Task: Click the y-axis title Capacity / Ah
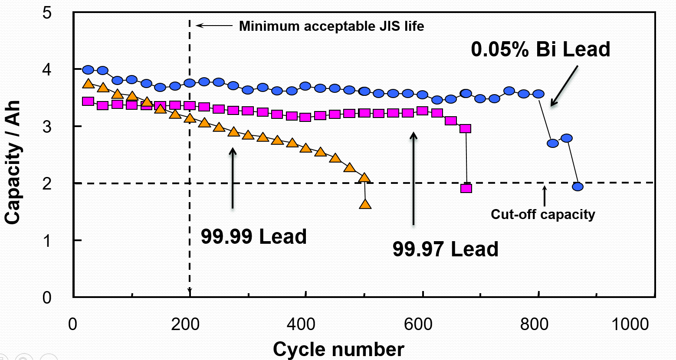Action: coord(13,162)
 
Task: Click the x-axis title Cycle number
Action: coord(338,349)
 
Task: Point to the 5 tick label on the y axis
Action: coord(47,13)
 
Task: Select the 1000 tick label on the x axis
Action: coord(630,324)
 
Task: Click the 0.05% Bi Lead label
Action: coord(540,49)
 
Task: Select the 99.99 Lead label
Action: coord(253,237)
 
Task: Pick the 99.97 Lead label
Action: coord(445,249)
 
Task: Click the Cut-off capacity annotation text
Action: coord(543,214)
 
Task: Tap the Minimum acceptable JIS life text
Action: coord(331,26)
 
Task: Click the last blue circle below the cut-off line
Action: coord(578,187)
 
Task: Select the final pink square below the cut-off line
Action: coord(466,188)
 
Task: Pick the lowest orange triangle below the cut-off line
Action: coord(365,204)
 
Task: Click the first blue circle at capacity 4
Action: coord(88,70)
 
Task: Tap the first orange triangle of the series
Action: coord(88,84)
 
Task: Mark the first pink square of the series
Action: coord(88,101)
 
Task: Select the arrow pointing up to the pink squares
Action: coord(413,178)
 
